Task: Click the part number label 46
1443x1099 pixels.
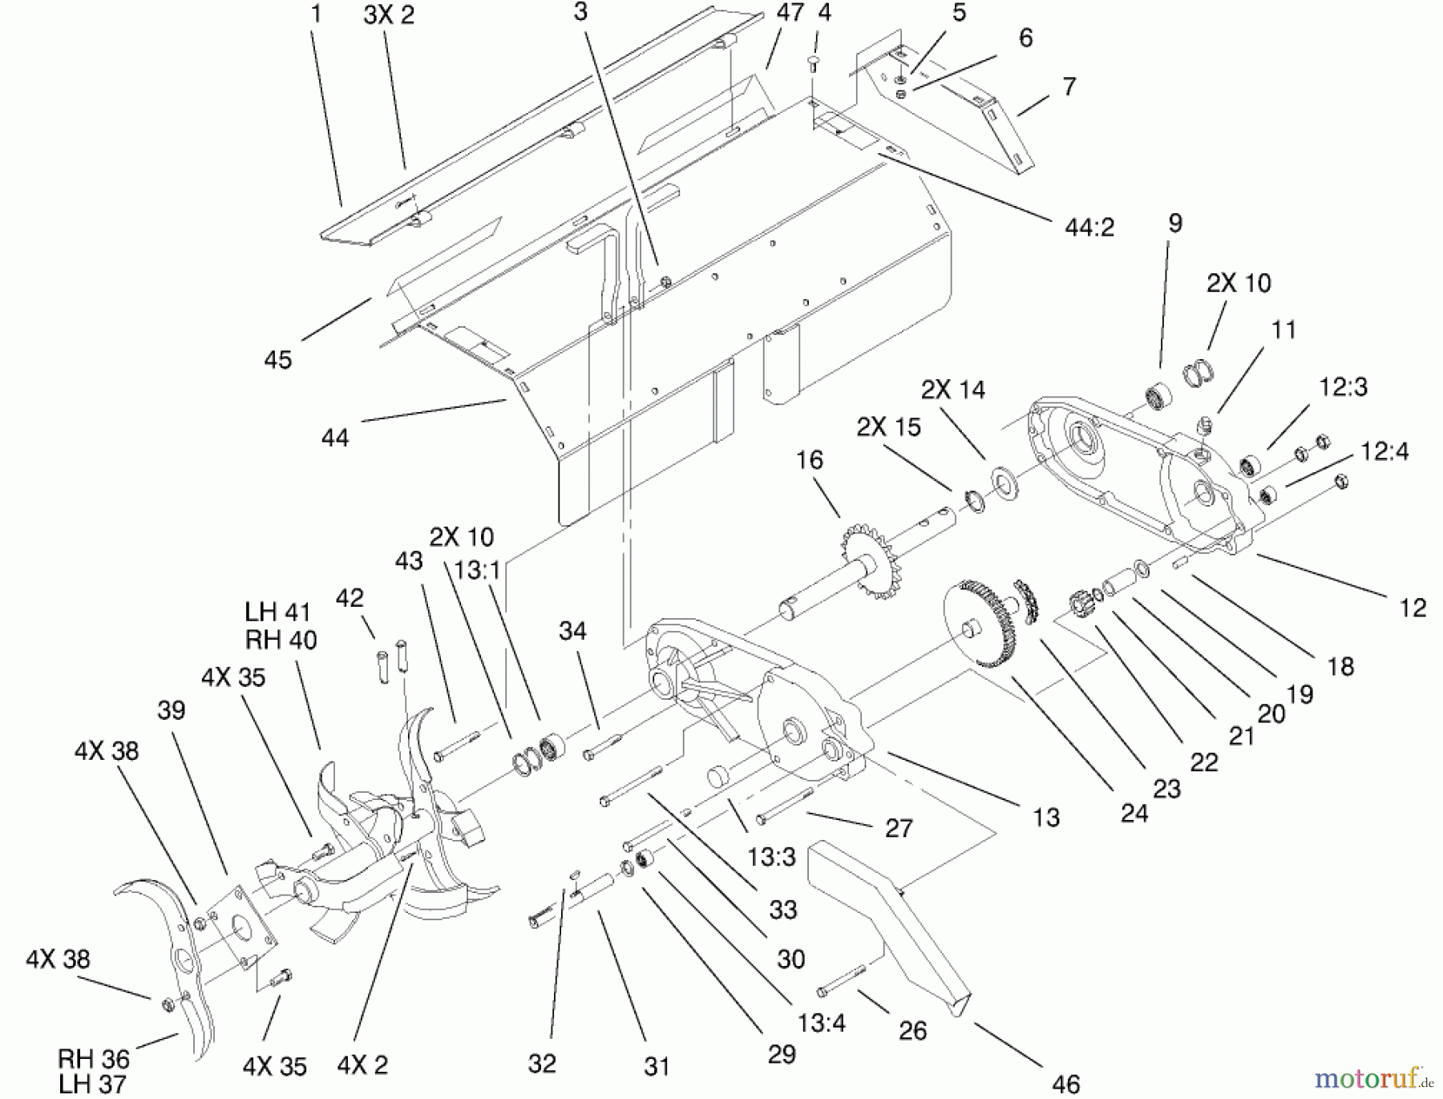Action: [1065, 1084]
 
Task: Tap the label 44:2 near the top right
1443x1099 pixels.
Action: [1089, 228]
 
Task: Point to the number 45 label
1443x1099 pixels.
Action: [277, 360]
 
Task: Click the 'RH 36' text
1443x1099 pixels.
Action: [93, 1059]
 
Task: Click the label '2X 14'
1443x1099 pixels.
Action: [952, 390]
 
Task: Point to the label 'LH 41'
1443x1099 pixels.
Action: [277, 612]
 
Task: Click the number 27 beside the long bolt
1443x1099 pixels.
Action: [898, 828]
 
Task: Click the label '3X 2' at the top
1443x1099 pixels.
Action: [389, 15]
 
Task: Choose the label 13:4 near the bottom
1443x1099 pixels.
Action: [821, 1024]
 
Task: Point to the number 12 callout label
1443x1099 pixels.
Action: [1412, 608]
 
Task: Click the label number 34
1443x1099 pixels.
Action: [572, 632]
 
